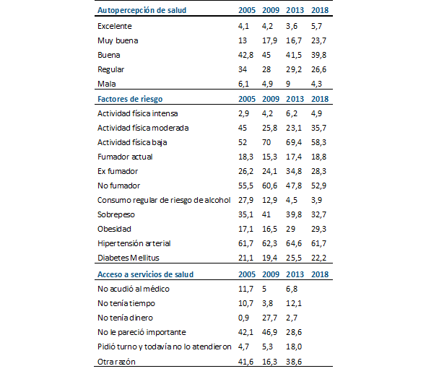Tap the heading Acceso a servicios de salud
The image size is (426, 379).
pyautogui.click(x=145, y=274)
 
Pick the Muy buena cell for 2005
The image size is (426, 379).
pyautogui.click(x=243, y=40)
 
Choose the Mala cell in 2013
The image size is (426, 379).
pyautogui.click(x=290, y=84)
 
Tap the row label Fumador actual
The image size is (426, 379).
pyautogui.click(x=125, y=157)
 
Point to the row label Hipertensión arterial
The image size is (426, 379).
pyautogui.click(x=134, y=243)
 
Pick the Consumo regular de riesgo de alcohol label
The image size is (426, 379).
pyautogui.click(x=163, y=200)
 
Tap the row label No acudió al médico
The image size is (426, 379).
pyautogui.click(x=134, y=289)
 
